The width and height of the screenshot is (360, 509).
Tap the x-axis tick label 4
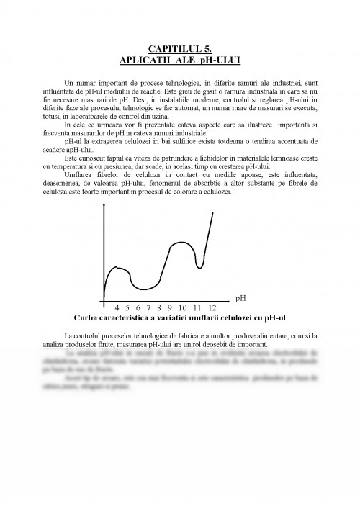click(117, 307)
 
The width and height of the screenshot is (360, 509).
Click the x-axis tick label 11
click(197, 307)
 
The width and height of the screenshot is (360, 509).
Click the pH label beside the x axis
click(241, 297)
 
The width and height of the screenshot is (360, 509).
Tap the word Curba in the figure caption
click(87, 317)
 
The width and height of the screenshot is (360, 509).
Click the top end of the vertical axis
click(105, 225)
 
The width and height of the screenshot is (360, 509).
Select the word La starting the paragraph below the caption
click(68, 336)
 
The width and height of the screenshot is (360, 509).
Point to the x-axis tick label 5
click(128, 307)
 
